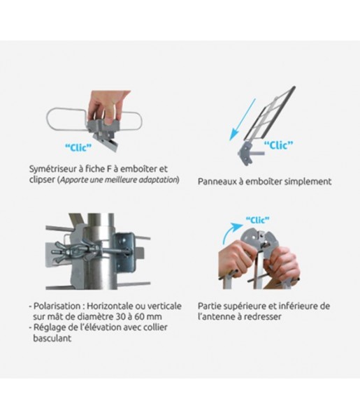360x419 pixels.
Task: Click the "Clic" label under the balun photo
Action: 78,147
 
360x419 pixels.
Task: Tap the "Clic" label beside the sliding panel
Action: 278,145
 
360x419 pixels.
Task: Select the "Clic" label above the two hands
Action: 257,220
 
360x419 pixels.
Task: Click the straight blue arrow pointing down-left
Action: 243,119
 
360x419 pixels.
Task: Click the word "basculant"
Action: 52,338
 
